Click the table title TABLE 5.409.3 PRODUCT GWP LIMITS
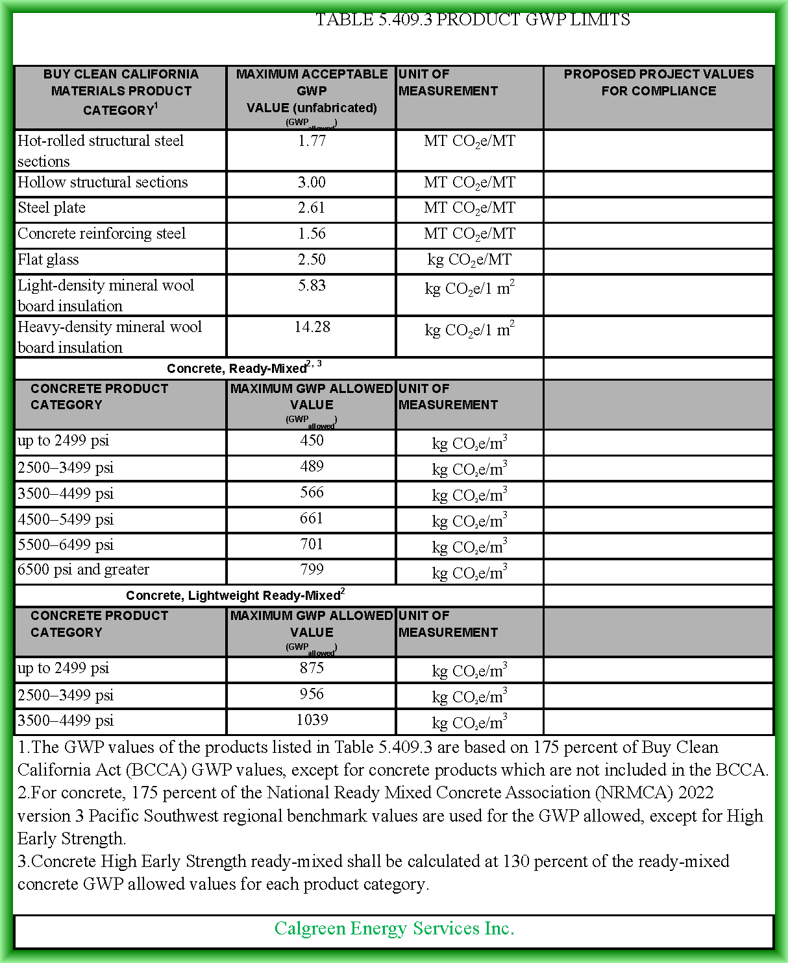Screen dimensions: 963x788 coord(472,20)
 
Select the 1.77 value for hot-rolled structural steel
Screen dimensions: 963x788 coord(312,141)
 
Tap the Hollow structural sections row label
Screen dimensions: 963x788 coord(103,182)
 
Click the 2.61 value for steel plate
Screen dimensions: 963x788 coord(312,208)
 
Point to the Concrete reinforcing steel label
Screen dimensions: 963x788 coord(101,233)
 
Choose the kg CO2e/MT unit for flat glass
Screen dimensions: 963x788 coord(469,260)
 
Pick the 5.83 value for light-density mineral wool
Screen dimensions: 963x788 coord(312,285)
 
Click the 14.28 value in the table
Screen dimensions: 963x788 coord(312,327)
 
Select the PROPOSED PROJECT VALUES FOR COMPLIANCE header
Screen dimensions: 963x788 coord(658,82)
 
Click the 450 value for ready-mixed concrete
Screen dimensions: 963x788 coord(312,440)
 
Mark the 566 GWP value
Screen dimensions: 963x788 coord(312,492)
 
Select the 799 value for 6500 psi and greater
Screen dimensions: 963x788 coord(312,569)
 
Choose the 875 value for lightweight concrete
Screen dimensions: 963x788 coord(312,668)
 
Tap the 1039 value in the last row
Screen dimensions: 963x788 coord(312,720)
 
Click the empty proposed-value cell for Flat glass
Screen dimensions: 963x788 coord(658,261)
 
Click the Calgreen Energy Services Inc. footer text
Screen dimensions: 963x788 coord(394,929)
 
